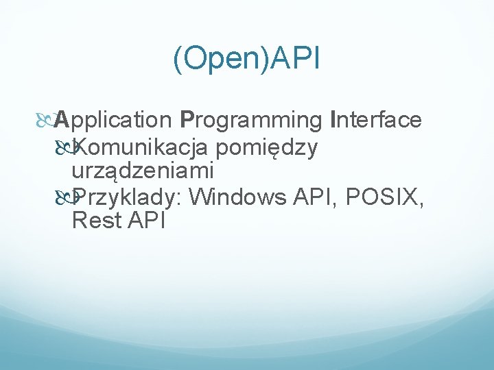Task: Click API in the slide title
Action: (x=295, y=60)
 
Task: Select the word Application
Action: (x=113, y=120)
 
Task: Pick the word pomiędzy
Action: (x=266, y=147)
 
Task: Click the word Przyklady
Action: (x=127, y=197)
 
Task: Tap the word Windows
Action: (x=237, y=197)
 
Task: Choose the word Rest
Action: (x=94, y=221)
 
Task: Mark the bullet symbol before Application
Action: (x=45, y=121)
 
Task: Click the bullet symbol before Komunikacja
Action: (x=63, y=146)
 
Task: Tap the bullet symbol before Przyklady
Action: (x=63, y=197)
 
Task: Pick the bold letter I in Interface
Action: (x=333, y=120)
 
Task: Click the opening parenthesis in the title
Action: (x=177, y=60)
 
